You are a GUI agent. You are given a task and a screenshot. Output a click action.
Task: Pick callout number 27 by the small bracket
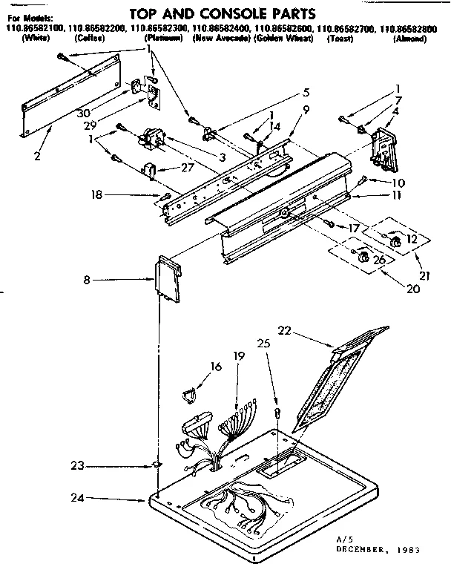tap(187, 168)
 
